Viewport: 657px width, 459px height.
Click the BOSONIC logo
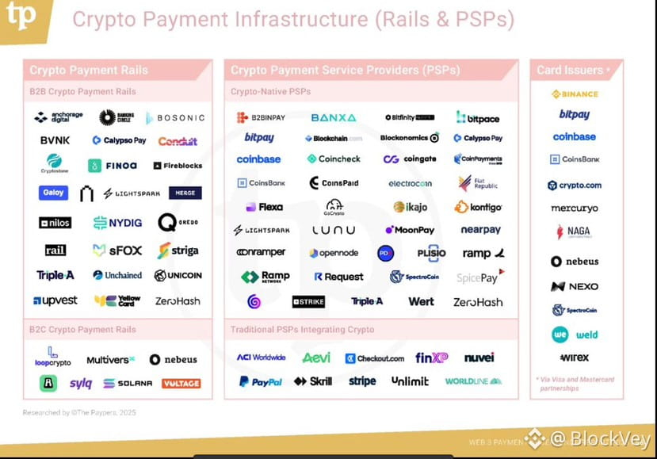[175, 118]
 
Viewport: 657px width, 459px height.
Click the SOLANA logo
[128, 384]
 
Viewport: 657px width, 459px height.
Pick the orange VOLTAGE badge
[181, 384]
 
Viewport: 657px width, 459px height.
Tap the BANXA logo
[333, 118]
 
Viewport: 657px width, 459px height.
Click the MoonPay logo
[410, 230]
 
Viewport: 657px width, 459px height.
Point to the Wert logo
[421, 301]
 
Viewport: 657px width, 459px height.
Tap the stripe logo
[362, 381]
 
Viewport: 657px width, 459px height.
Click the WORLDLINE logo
[473, 381]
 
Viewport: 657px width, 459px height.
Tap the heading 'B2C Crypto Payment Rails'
[83, 330]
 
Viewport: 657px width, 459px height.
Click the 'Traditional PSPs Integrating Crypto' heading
[302, 330]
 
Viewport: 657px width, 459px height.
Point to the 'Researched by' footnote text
[78, 412]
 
